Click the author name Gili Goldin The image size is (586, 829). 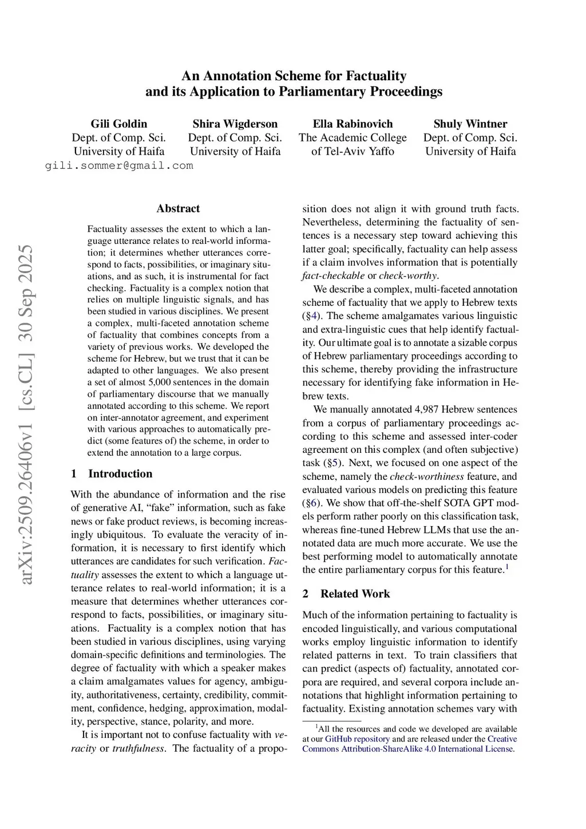click(118, 124)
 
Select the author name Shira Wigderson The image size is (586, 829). click(235, 124)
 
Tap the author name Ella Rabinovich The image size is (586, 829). click(353, 124)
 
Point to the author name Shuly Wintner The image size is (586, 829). click(470, 124)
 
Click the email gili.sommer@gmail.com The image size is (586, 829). click(119, 165)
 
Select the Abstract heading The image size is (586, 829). click(178, 208)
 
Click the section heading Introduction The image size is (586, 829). click(120, 473)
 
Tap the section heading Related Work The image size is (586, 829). click(355, 594)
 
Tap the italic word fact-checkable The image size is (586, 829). click(333, 276)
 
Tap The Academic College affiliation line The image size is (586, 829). click(353, 137)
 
